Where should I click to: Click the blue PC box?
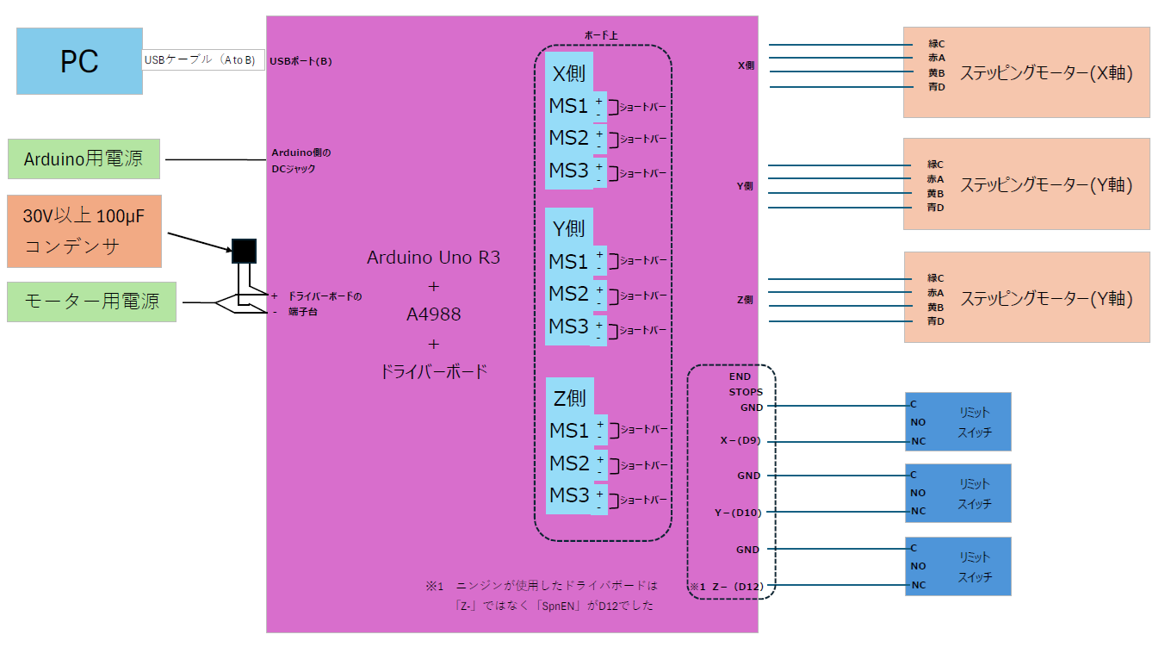[x=79, y=61]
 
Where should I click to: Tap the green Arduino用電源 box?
[x=84, y=159]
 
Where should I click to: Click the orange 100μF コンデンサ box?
[x=84, y=230]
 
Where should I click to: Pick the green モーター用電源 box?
[x=91, y=302]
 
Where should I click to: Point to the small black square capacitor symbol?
[x=244, y=251]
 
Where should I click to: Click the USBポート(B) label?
[x=300, y=61]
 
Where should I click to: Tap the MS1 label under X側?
[x=568, y=106]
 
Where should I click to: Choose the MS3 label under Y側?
[x=568, y=327]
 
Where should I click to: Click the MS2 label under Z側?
[x=569, y=463]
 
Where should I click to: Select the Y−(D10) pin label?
[x=738, y=513]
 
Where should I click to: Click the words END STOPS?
[x=740, y=384]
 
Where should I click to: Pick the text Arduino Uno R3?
[x=433, y=257]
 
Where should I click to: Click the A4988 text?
[x=433, y=314]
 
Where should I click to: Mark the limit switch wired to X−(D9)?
[x=957, y=422]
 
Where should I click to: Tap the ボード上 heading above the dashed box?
[x=602, y=35]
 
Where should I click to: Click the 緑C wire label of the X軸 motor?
[x=936, y=44]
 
